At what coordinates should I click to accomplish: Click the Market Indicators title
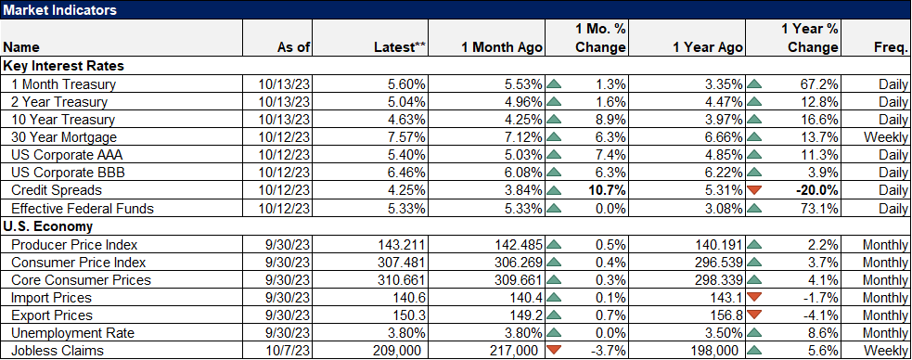(58, 9)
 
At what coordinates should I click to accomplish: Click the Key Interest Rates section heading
(64, 66)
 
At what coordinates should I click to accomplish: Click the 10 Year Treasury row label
(63, 120)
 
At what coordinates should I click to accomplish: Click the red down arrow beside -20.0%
(755, 190)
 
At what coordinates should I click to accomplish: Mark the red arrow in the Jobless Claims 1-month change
(555, 351)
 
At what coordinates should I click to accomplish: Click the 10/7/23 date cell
(289, 351)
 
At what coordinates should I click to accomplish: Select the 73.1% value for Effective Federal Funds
(822, 209)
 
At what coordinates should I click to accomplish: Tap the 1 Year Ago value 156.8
(725, 315)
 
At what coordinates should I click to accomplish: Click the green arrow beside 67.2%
(755, 84)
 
